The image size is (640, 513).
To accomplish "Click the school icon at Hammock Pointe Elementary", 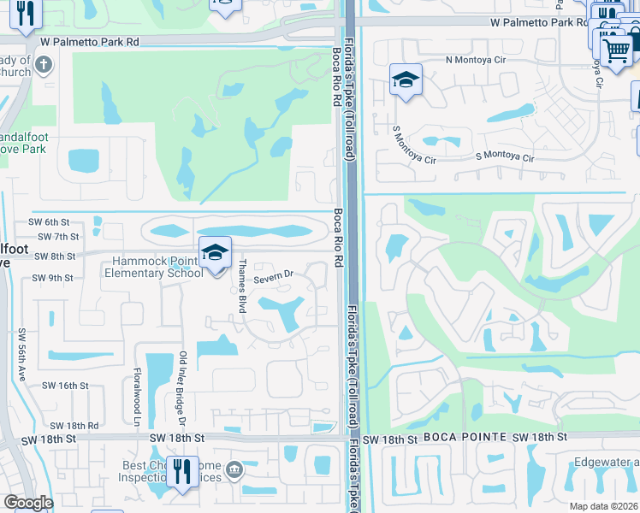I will tap(216, 253).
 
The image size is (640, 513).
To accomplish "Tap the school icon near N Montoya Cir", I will tap(406, 80).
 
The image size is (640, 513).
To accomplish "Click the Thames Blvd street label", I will tap(242, 286).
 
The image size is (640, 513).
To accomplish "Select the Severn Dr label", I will tap(273, 275).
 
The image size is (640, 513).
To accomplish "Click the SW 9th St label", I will tap(53, 278).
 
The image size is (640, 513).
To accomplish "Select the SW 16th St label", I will tap(67, 386).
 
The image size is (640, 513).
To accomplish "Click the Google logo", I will tap(28, 503).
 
